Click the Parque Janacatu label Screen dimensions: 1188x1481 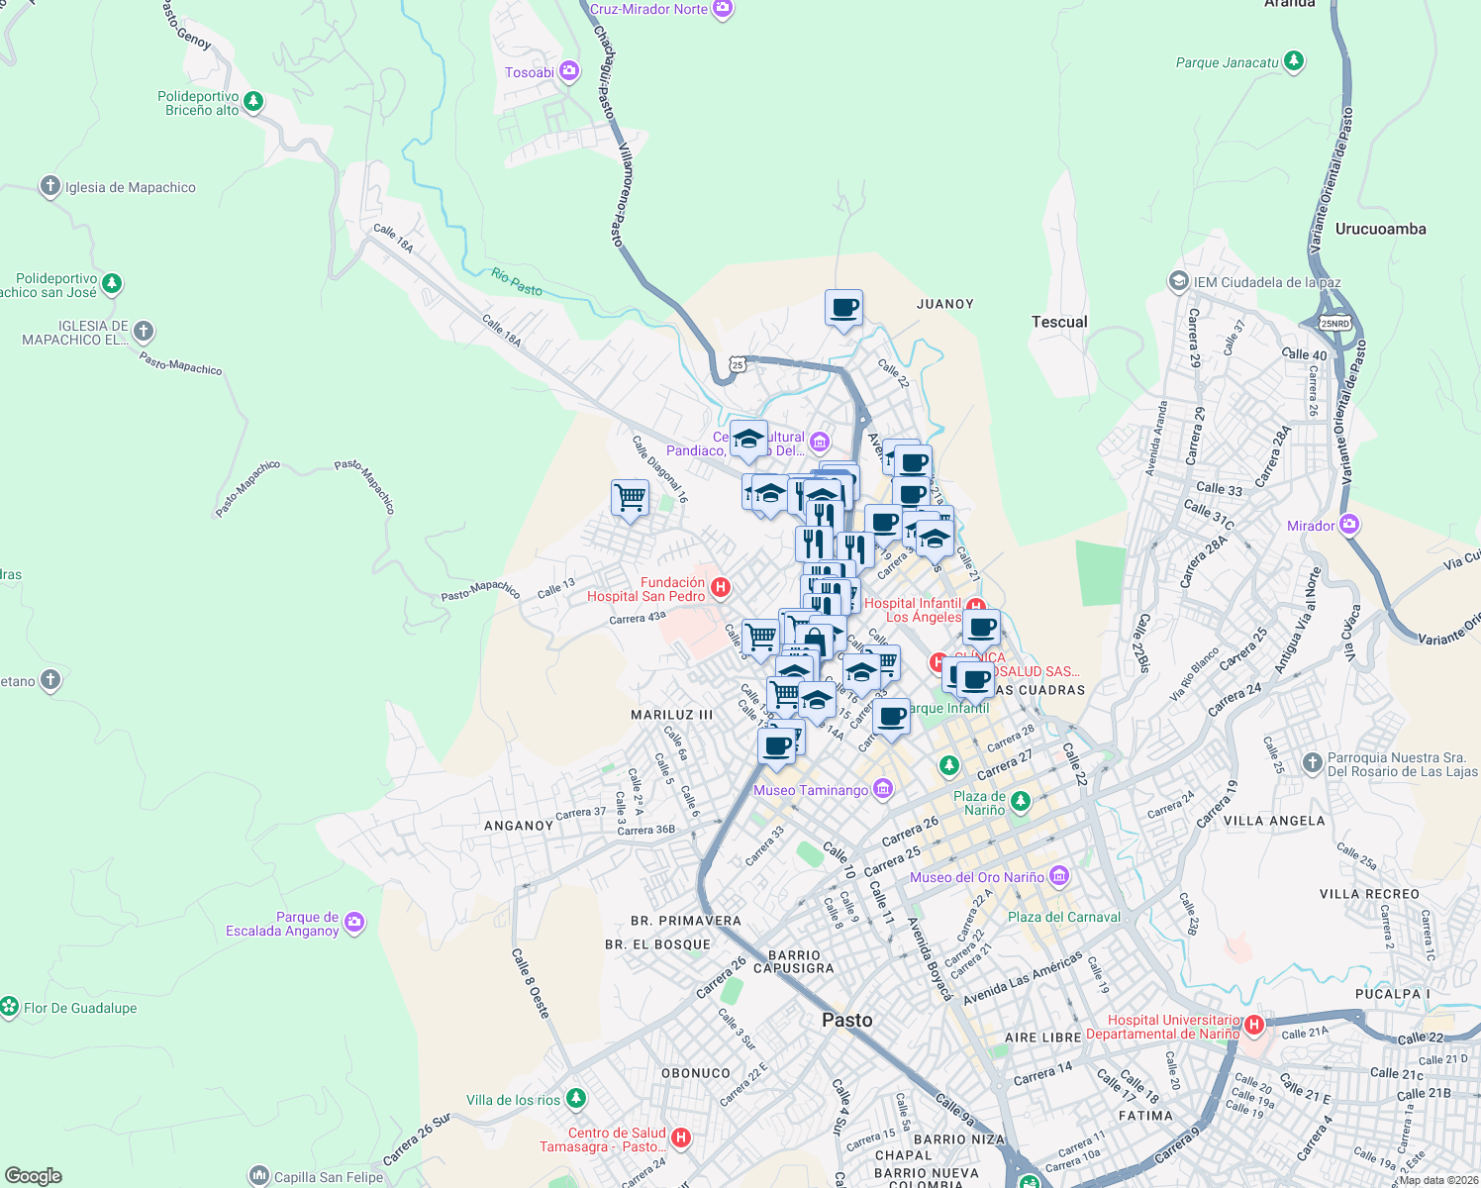pyautogui.click(x=1227, y=62)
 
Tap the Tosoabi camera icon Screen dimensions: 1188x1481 pyautogui.click(x=569, y=71)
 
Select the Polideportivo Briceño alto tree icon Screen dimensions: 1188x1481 pyautogui.click(x=253, y=101)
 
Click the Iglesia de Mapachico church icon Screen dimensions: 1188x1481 pyautogui.click(x=50, y=186)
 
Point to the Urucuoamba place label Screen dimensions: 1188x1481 pyautogui.click(x=1380, y=229)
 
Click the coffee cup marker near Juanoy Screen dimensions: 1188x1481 pyautogui.click(x=843, y=309)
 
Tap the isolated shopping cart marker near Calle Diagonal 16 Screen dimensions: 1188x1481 pyautogui.click(x=630, y=497)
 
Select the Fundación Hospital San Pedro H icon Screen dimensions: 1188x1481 pyautogui.click(x=721, y=587)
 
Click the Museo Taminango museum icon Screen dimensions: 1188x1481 pyautogui.click(x=883, y=789)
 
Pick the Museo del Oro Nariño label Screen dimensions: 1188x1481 pyautogui.click(x=977, y=877)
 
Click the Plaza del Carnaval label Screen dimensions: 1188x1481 pyautogui.click(x=1063, y=917)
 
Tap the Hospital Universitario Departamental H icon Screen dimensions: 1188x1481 pyautogui.click(x=1254, y=1025)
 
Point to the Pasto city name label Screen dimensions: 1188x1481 pyautogui.click(x=847, y=1020)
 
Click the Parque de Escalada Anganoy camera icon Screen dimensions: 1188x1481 pyautogui.click(x=354, y=923)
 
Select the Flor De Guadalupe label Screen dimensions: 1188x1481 pyautogui.click(x=80, y=1008)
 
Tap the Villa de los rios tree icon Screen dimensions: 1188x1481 pyautogui.click(x=576, y=1099)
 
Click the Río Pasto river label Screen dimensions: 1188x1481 pyautogui.click(x=517, y=282)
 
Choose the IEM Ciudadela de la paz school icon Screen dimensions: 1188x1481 pyautogui.click(x=1178, y=281)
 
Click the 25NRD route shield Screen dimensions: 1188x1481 pyautogui.click(x=1334, y=324)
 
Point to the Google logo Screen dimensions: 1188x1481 pyautogui.click(x=34, y=1176)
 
